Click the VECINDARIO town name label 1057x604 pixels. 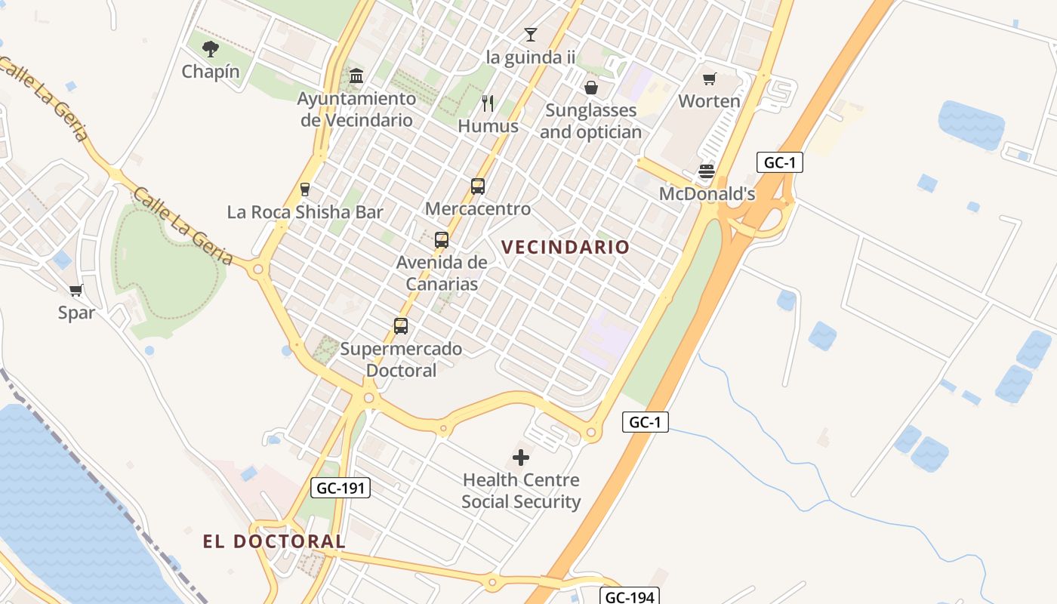pyautogui.click(x=565, y=247)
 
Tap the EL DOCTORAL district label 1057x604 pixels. pyautogui.click(x=274, y=541)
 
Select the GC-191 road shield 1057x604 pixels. pyautogui.click(x=341, y=488)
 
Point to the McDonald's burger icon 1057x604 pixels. pyautogui.click(x=707, y=171)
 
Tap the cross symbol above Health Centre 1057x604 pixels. pyautogui.click(x=521, y=457)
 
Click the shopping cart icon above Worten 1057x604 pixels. pyautogui.click(x=709, y=79)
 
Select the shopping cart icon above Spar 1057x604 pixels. pyautogui.click(x=75, y=291)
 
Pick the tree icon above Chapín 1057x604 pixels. pyautogui.click(x=211, y=49)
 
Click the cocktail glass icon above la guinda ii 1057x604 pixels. pyautogui.click(x=531, y=35)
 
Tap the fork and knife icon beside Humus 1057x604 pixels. pyautogui.click(x=488, y=103)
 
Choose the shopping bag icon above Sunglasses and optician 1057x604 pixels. pyautogui.click(x=591, y=88)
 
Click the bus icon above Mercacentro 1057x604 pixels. pyautogui.click(x=477, y=186)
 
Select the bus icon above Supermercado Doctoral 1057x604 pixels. pyautogui.click(x=401, y=326)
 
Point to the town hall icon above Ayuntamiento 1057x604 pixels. pyautogui.click(x=356, y=75)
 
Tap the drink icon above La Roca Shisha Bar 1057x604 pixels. pyautogui.click(x=305, y=189)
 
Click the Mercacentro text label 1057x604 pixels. pyautogui.click(x=478, y=208)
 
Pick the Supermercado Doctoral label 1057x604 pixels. pyautogui.click(x=401, y=359)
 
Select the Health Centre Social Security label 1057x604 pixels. pyautogui.click(x=521, y=491)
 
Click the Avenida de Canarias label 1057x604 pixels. pyautogui.click(x=442, y=273)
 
